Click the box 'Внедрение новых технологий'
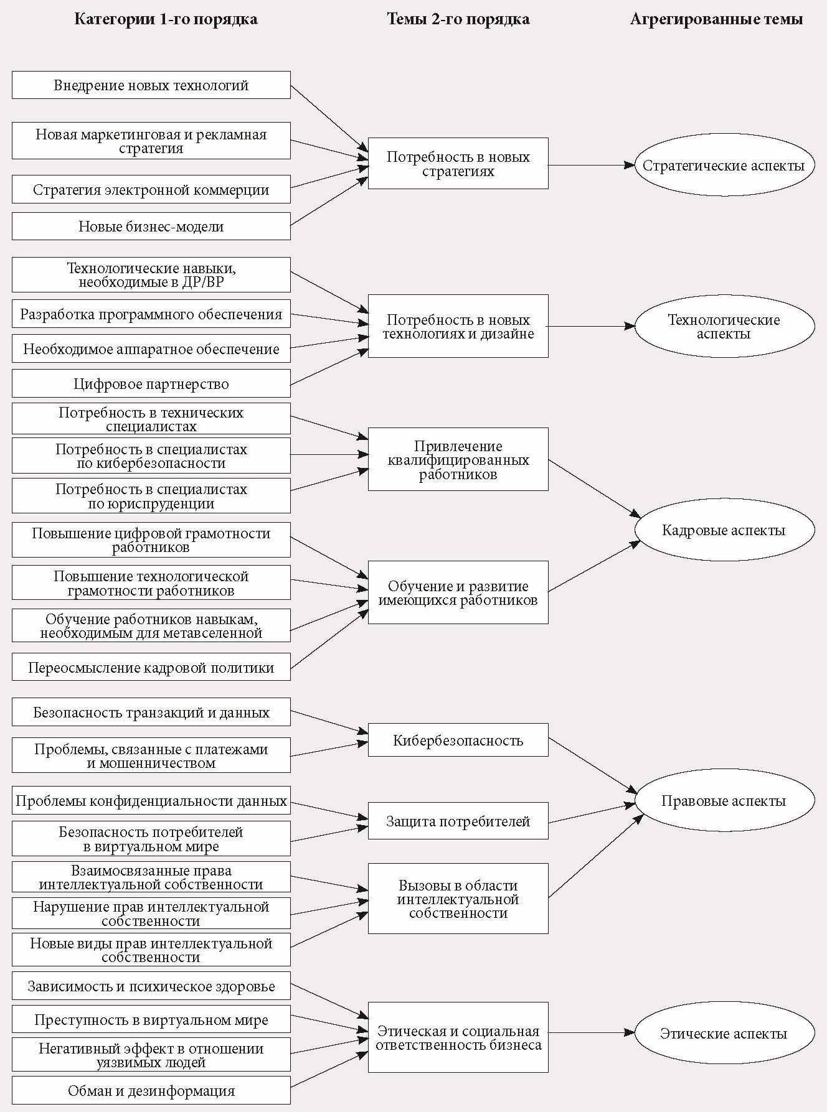[151, 85]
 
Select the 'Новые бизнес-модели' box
[151, 227]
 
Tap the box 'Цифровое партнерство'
[151, 383]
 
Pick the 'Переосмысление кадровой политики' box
[151, 667]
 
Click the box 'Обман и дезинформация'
[151, 1090]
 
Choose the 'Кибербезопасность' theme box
[458, 740]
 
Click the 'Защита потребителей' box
[458, 821]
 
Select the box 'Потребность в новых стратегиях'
[458, 164]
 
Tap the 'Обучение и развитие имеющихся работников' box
[458, 592]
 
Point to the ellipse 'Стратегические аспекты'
[724, 166]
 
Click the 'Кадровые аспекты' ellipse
[724, 530]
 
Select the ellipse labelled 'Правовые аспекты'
[724, 801]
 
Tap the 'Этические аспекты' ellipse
[724, 1034]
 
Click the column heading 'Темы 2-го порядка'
[458, 19]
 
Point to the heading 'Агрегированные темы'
[716, 19]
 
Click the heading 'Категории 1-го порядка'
[166, 19]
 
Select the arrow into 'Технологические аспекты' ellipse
[592, 325]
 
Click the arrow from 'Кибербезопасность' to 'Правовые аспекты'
[592, 766]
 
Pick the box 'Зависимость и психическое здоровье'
[151, 986]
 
